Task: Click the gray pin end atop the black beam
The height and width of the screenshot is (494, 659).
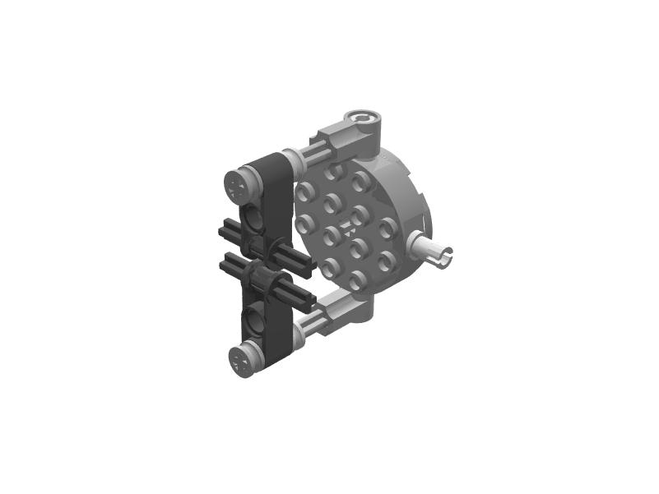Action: (239, 184)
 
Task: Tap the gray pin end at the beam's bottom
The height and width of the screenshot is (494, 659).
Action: (240, 360)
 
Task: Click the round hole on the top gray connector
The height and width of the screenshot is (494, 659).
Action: (361, 122)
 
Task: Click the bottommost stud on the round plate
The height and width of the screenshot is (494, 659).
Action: (355, 279)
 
